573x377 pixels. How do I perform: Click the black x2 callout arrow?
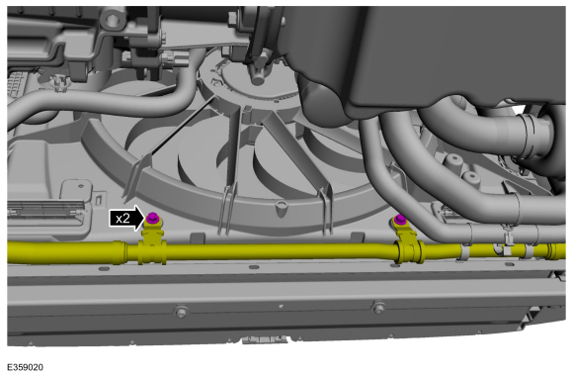point(126,218)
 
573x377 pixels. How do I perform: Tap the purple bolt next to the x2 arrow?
point(151,218)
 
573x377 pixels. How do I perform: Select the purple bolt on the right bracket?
point(400,220)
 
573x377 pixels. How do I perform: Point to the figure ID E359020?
point(25,367)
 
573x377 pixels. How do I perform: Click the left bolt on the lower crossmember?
point(180,312)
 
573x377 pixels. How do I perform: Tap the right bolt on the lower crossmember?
point(378,307)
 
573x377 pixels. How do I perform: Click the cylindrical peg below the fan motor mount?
point(258,77)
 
